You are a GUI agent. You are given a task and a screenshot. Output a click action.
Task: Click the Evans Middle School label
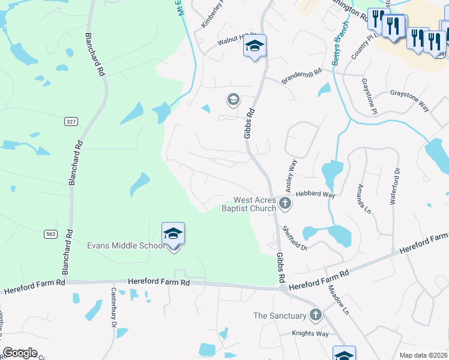[125, 245]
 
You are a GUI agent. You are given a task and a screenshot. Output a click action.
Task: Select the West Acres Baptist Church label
[255, 204]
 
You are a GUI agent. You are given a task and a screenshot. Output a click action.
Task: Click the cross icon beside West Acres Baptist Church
[286, 204]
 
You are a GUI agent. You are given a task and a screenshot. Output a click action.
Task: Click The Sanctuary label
[280, 316]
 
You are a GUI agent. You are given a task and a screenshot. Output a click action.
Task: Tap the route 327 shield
[71, 122]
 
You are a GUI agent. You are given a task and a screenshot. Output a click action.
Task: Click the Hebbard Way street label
[315, 194]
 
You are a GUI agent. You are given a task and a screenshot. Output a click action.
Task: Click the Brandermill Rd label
[301, 79]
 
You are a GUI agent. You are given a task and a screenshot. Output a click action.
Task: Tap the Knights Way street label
[310, 334]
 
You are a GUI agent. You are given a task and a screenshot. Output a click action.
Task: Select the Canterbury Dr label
[113, 307]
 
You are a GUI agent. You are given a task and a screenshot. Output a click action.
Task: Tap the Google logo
[20, 353]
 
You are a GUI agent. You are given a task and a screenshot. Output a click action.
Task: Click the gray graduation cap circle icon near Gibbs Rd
[233, 99]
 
